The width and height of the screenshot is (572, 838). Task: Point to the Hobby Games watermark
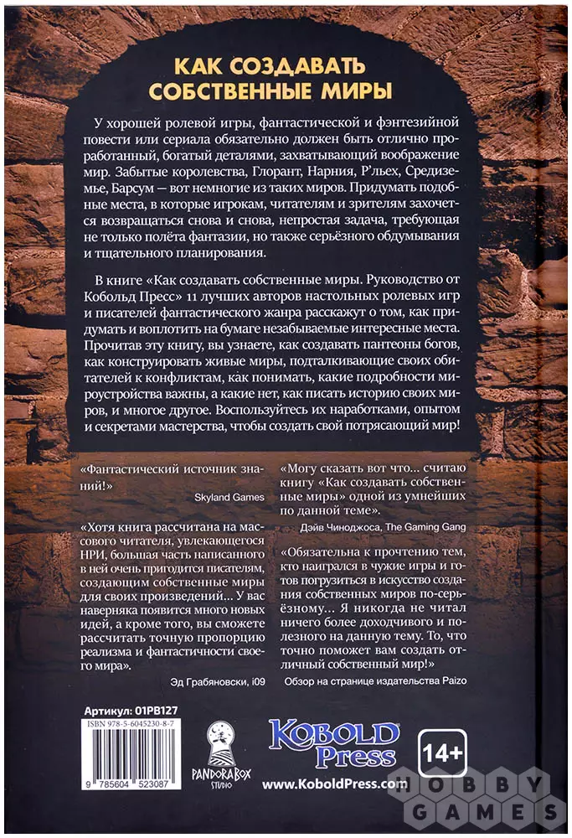(488, 796)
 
